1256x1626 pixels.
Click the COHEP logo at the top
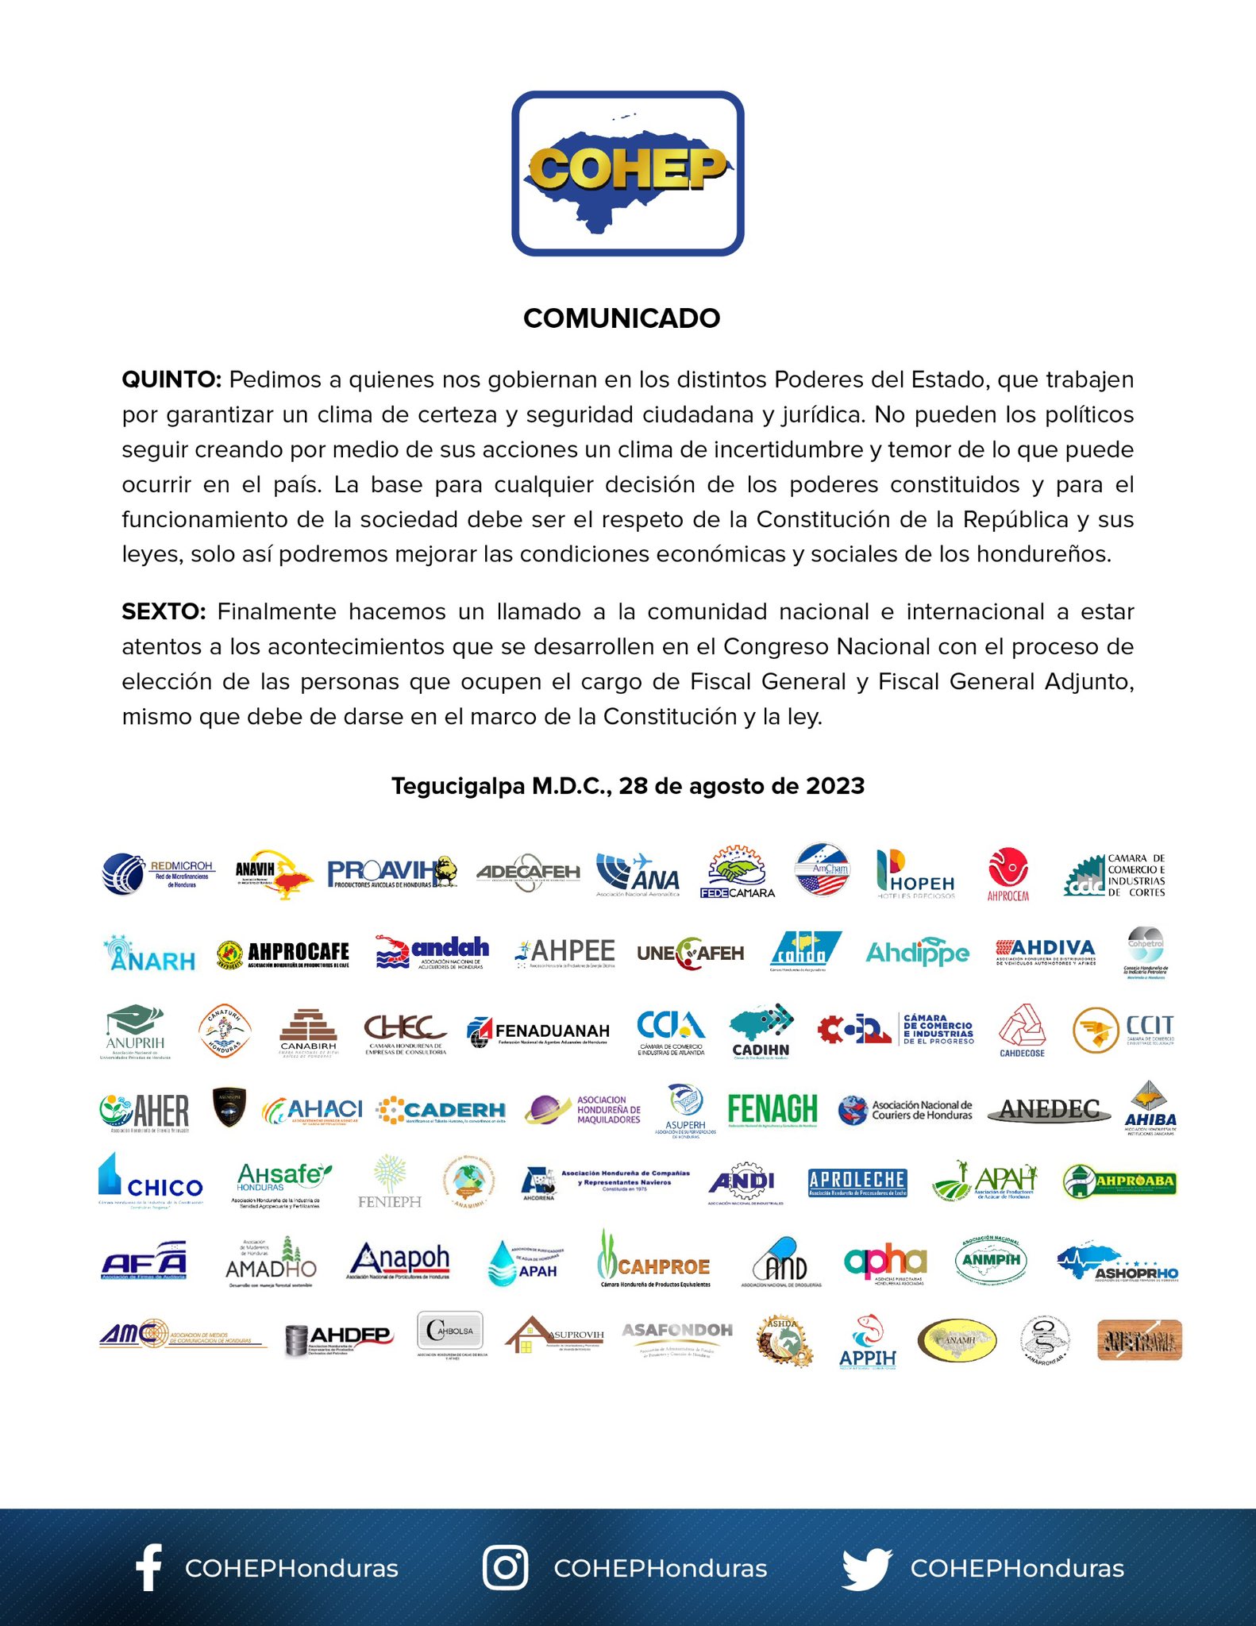(x=627, y=173)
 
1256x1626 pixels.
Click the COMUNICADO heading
(x=622, y=318)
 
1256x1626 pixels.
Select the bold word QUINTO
(x=171, y=380)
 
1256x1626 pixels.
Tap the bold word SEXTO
(x=163, y=611)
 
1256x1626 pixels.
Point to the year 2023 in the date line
(x=835, y=786)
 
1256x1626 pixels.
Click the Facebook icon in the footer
(x=148, y=1567)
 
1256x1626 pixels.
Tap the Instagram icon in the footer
(x=505, y=1567)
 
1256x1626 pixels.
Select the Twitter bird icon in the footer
(x=867, y=1567)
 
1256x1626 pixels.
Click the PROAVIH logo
(x=391, y=873)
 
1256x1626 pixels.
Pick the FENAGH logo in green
(x=772, y=1109)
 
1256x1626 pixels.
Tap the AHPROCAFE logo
(x=283, y=954)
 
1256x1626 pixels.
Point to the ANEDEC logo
(x=1050, y=1110)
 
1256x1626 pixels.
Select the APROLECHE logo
(x=857, y=1182)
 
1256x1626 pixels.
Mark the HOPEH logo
(x=915, y=874)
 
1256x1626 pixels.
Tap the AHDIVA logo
(x=1046, y=950)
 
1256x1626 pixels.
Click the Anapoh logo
(x=399, y=1261)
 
